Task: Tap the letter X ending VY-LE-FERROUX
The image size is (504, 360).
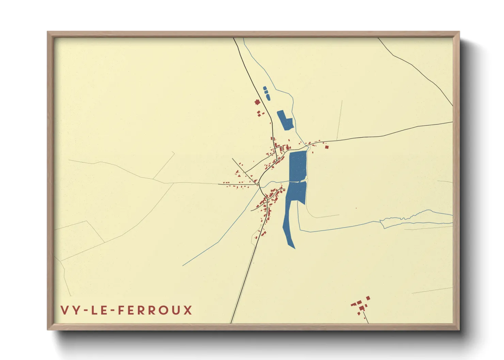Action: (x=188, y=310)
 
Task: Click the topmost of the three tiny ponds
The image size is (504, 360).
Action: (x=265, y=88)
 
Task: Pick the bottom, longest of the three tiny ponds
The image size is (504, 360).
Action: (x=268, y=97)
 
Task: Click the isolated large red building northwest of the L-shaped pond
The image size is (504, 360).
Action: (x=257, y=102)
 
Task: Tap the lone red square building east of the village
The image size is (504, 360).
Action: (x=327, y=147)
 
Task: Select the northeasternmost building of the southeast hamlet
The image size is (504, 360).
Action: (x=368, y=298)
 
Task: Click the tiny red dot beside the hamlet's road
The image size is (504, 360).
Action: (x=359, y=313)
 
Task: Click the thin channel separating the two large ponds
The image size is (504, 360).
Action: (x=298, y=182)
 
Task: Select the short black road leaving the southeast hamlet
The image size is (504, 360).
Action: (x=366, y=319)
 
